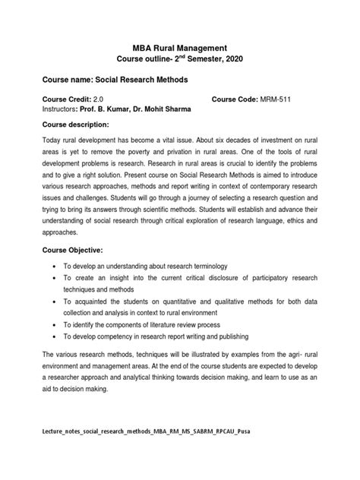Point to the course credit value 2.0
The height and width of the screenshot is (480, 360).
click(x=98, y=99)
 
